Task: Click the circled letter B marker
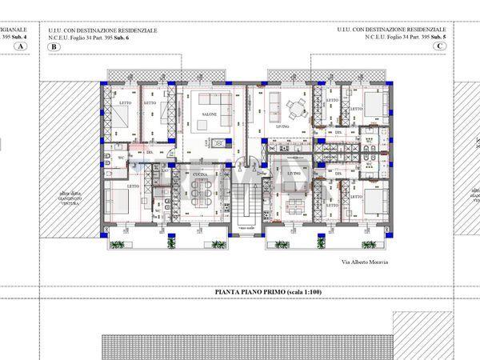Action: [54, 47]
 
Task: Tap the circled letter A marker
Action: [21, 47]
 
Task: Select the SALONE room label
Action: [210, 114]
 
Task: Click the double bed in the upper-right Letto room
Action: [370, 104]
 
